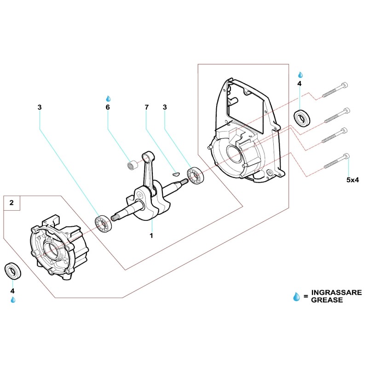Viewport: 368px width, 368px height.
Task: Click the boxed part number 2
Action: coord(11,202)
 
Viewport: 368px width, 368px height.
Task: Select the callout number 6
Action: coord(108,107)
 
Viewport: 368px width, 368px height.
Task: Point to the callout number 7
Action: coord(147,107)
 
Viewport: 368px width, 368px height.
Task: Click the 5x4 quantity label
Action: coord(352,180)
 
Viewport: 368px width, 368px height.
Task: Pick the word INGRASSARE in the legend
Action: coord(336,293)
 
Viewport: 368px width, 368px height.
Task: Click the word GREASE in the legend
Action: coord(327,300)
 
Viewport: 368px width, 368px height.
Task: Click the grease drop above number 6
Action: coord(109,98)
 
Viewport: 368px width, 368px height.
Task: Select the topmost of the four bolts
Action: coord(334,89)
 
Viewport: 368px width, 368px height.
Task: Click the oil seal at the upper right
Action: coord(302,118)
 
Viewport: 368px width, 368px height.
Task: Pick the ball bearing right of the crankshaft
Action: coord(195,177)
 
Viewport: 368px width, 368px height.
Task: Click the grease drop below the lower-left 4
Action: coord(13,300)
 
